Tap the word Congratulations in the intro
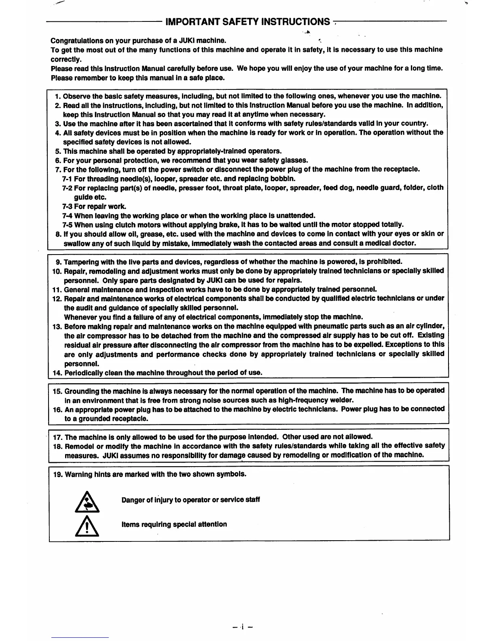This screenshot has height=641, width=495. click(x=76, y=41)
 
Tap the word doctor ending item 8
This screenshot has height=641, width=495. click(x=405, y=243)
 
